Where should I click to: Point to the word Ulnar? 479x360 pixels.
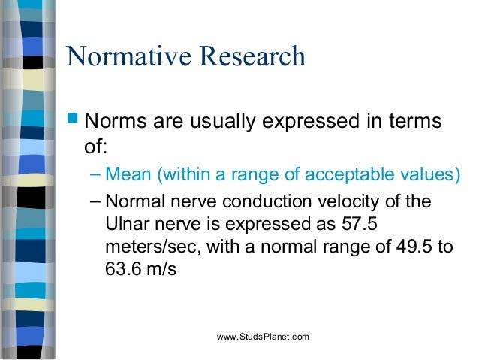[x=125, y=225]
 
